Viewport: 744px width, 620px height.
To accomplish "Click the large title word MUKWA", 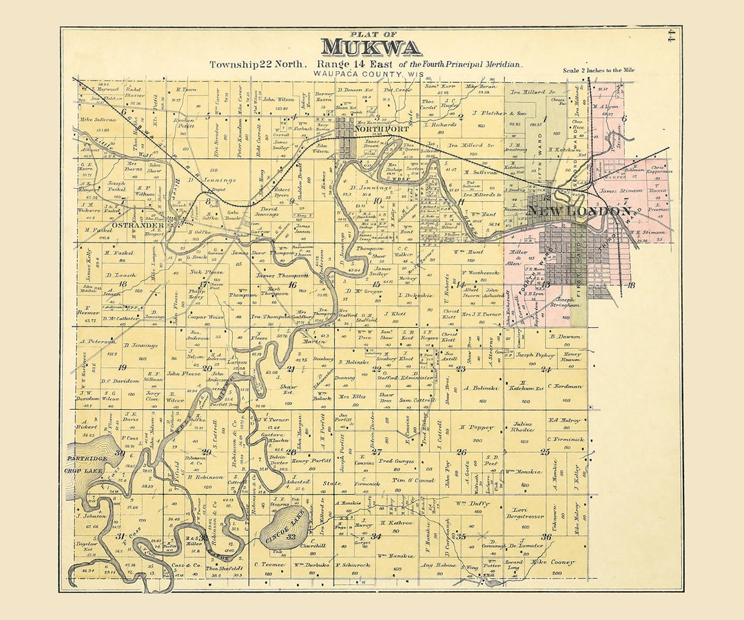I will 371,47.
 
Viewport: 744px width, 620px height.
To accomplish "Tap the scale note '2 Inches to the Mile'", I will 599,70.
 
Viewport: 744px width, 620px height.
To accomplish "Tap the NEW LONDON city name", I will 579,211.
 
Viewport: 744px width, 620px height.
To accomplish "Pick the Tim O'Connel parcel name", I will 413,479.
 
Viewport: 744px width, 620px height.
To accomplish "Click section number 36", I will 546,537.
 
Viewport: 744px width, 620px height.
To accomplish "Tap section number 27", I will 377,452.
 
